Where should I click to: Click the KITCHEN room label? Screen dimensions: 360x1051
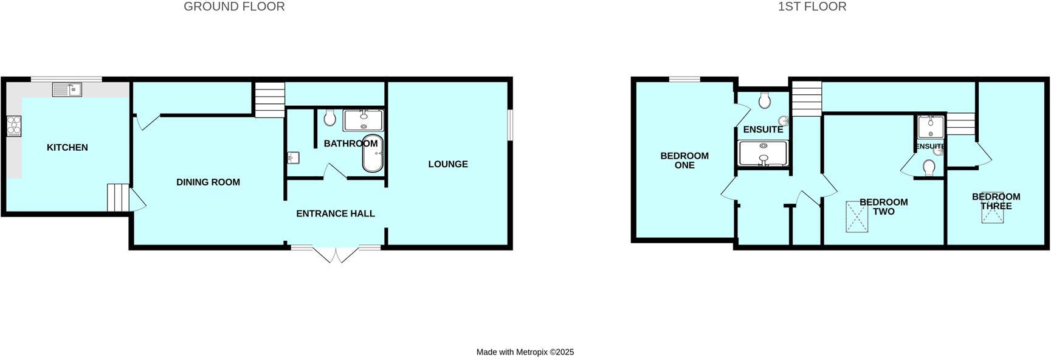pyautogui.click(x=67, y=147)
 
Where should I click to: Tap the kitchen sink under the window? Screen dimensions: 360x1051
pyautogui.click(x=67, y=90)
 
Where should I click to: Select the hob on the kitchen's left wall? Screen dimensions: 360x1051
pyautogui.click(x=13, y=126)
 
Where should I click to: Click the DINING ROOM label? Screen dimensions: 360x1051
pyautogui.click(x=208, y=182)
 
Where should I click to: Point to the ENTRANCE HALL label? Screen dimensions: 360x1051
pyautogui.click(x=335, y=213)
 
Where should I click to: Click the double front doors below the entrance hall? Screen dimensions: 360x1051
pyautogui.click(x=336, y=254)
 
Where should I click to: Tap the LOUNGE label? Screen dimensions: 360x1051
pyautogui.click(x=447, y=164)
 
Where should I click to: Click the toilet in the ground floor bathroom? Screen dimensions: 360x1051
pyautogui.click(x=329, y=117)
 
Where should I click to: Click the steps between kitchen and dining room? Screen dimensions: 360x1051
pyautogui.click(x=119, y=198)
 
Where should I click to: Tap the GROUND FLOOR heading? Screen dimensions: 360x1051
pyautogui.click(x=234, y=7)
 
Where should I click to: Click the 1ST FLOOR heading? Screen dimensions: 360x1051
pyautogui.click(x=812, y=7)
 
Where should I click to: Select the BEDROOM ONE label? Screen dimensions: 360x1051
pyautogui.click(x=684, y=160)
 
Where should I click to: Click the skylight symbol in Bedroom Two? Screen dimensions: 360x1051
pyautogui.click(x=858, y=217)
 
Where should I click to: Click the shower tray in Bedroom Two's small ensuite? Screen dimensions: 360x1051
pyautogui.click(x=930, y=127)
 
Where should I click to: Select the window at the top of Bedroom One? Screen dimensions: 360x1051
pyautogui.click(x=685, y=79)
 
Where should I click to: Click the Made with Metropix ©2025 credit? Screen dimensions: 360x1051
pyautogui.click(x=525, y=352)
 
